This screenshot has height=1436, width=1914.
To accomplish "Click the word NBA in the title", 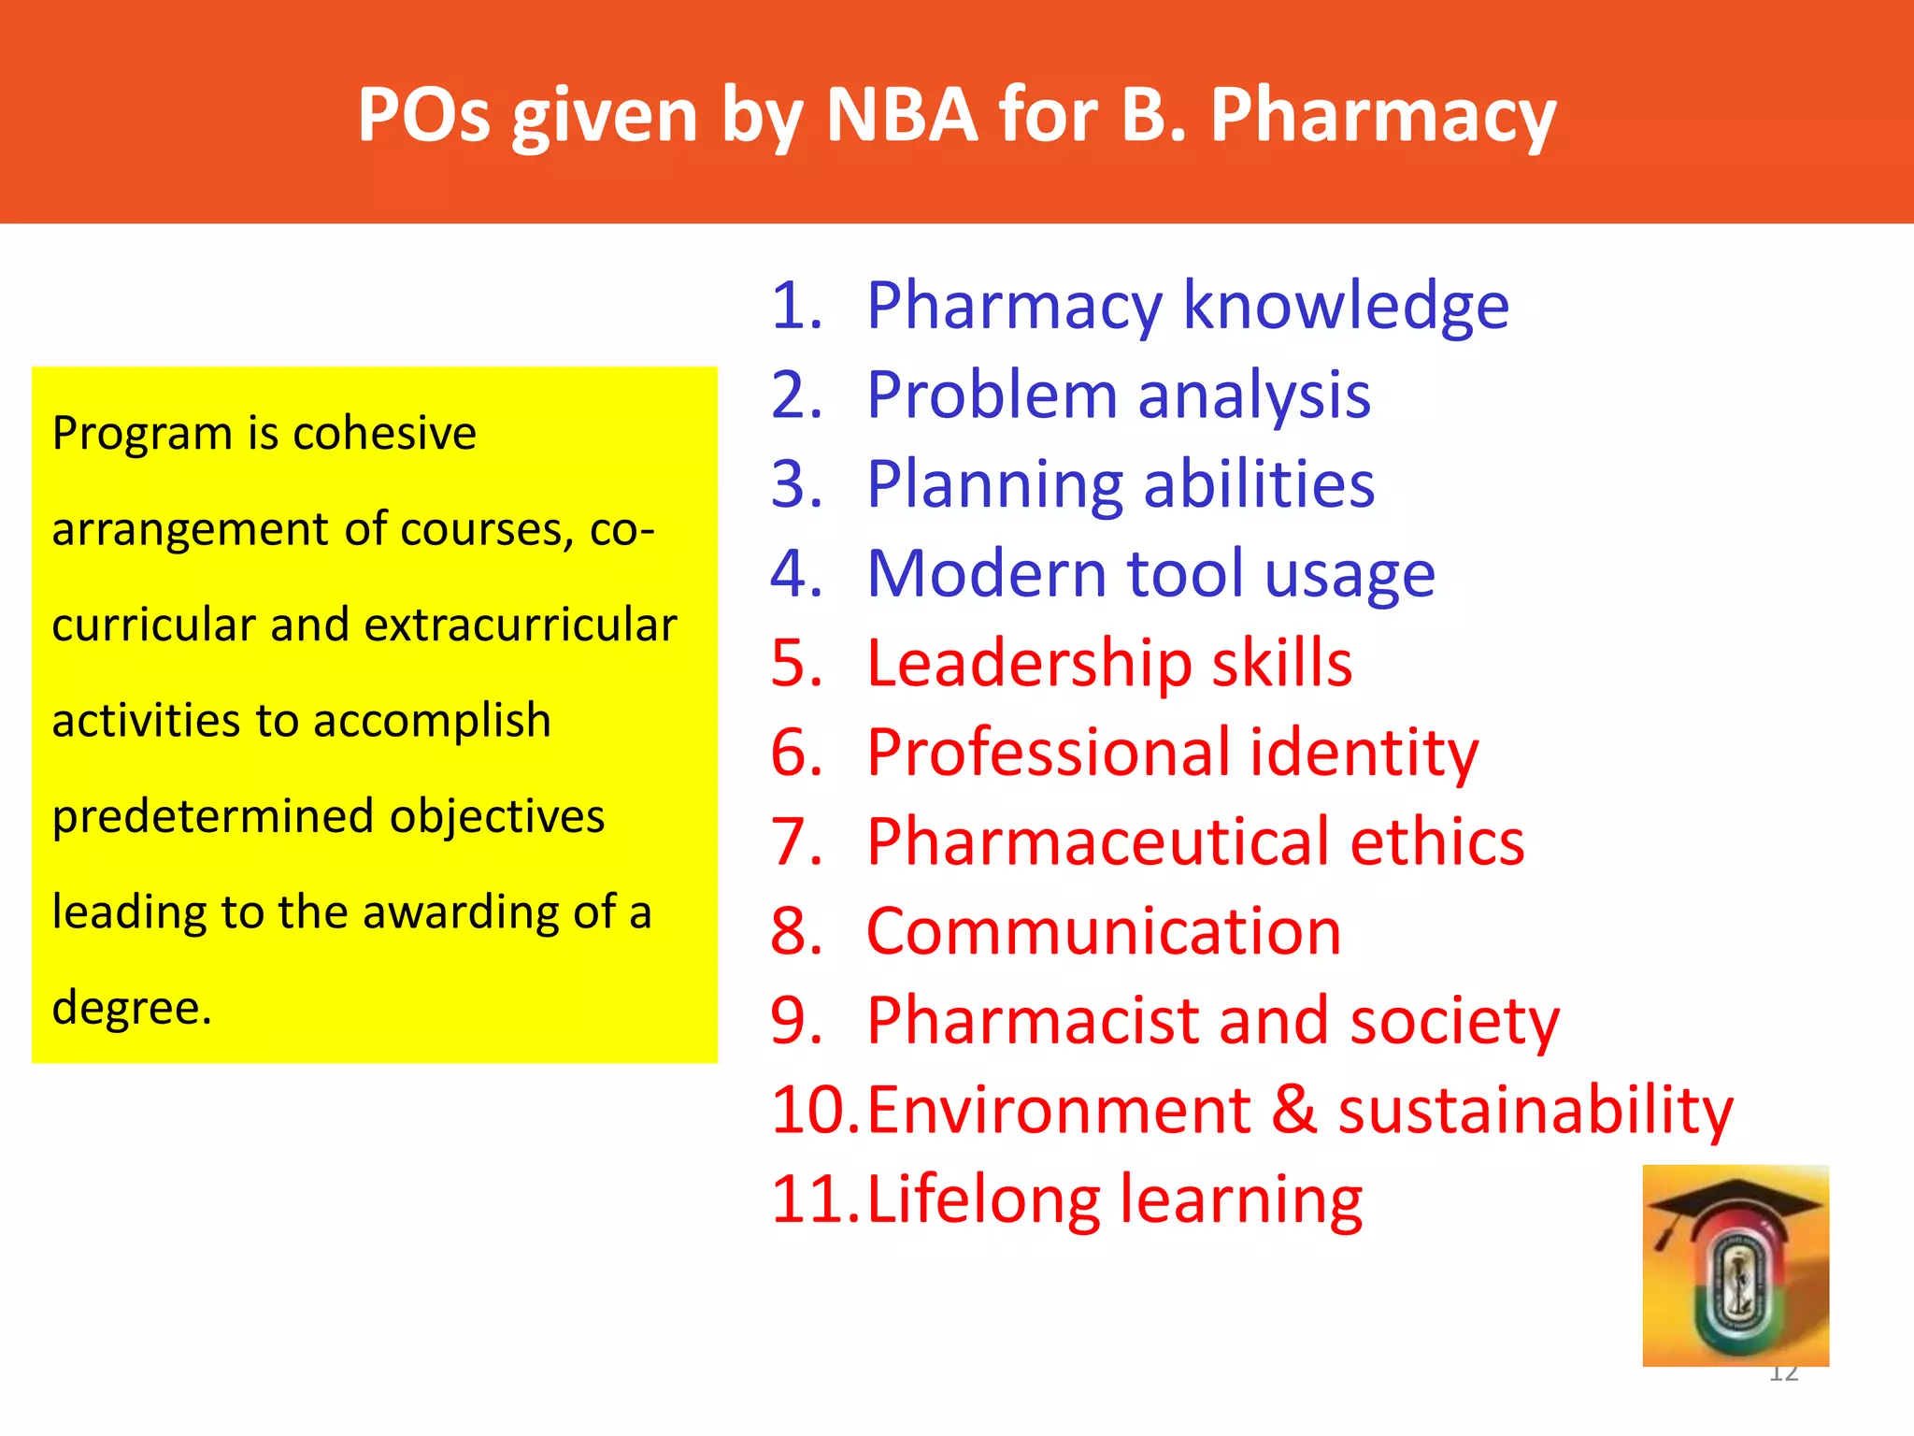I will click(902, 115).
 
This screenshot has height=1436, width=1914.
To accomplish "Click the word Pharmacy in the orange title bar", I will click(1383, 117).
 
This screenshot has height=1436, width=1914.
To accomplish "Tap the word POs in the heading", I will click(423, 115).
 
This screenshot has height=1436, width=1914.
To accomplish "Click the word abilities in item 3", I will click(1259, 484).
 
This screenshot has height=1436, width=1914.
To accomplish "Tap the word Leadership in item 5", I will click(1029, 663).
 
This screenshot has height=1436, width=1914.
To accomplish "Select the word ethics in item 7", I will click(1437, 841).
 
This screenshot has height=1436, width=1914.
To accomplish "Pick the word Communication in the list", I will click(1104, 931).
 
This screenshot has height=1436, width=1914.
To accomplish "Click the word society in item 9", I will click(1455, 1020).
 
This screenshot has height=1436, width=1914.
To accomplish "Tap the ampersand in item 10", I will click(1294, 1110).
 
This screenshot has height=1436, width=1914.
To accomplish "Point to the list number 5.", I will click(795, 663).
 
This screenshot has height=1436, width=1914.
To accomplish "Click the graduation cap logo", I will click(1735, 1265).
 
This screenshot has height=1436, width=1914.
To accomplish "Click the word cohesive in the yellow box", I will click(384, 433).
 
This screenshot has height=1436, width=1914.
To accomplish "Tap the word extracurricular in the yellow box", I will click(521, 625).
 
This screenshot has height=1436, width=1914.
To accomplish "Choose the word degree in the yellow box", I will click(131, 1008).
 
